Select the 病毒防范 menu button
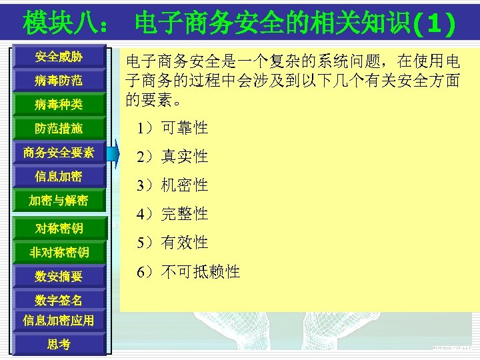[x=59, y=81]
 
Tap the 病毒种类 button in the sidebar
[x=59, y=105]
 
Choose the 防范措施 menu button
[x=59, y=129]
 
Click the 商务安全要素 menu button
[x=59, y=153]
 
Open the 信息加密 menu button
[x=59, y=177]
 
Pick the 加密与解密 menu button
[x=59, y=201]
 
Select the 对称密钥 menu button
[x=59, y=229]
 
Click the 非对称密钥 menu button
[x=59, y=253]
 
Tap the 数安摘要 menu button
[x=59, y=276]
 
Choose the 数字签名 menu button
[x=59, y=300]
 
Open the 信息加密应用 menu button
[x=59, y=320]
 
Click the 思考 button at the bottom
[x=59, y=344]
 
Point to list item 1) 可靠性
[x=172, y=128]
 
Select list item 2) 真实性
[x=172, y=157]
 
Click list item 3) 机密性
[x=172, y=185]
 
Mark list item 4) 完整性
[x=172, y=214]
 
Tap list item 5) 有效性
[x=172, y=243]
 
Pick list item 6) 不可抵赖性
[x=188, y=272]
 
